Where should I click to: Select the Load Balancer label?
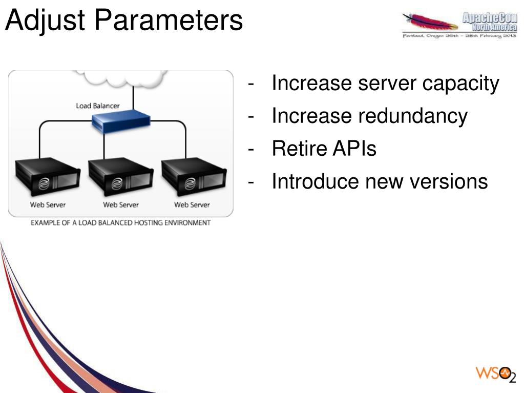click(x=97, y=106)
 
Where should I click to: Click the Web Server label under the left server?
click(x=48, y=205)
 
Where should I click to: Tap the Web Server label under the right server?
click(x=192, y=205)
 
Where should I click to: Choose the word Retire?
click(x=299, y=149)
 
